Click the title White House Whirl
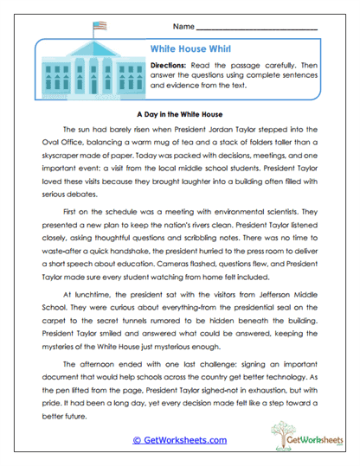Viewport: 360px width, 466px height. [x=185, y=50]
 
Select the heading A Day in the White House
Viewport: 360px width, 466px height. [x=180, y=112]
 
